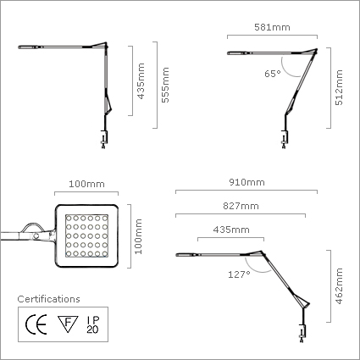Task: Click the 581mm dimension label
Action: [x=272, y=27]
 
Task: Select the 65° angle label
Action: [x=273, y=74]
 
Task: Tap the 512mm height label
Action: [x=339, y=87]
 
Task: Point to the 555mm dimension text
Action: [x=165, y=85]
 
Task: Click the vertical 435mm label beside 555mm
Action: [x=141, y=81]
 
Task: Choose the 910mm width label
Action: [x=246, y=182]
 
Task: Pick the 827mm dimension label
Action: [x=241, y=206]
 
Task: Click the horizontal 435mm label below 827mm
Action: [x=231, y=230]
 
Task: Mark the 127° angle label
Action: [x=239, y=274]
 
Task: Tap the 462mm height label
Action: [x=339, y=286]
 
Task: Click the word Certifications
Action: [x=48, y=299]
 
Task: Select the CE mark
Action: [x=36, y=324]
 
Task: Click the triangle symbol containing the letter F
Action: [x=68, y=324]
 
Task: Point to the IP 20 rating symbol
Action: [x=93, y=324]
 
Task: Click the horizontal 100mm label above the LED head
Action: [x=86, y=184]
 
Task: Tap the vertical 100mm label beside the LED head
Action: [x=138, y=236]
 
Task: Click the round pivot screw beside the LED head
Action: [x=36, y=236]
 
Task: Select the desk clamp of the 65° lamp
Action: [x=285, y=139]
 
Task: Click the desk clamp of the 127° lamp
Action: [x=302, y=333]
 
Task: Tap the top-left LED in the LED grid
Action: [x=69, y=218]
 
